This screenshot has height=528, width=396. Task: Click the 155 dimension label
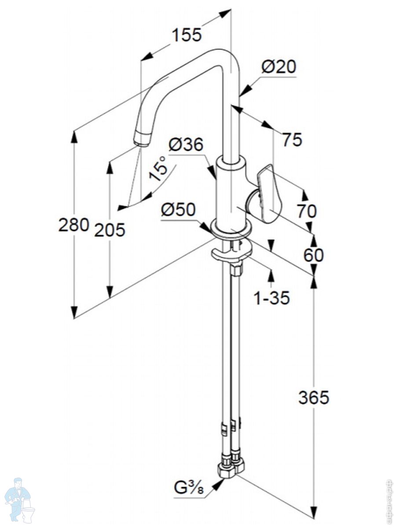(x=186, y=35)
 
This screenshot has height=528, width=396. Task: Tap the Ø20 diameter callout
(x=279, y=67)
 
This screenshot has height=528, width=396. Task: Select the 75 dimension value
(x=292, y=140)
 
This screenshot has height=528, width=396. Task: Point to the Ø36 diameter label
(x=186, y=145)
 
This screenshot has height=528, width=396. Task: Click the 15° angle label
(x=158, y=169)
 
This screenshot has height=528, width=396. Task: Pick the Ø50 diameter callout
(x=178, y=210)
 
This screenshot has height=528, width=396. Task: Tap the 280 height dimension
(x=74, y=225)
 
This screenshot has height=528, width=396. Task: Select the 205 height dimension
(x=110, y=230)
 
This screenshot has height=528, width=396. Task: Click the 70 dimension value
(x=306, y=211)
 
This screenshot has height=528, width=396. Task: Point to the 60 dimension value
(x=313, y=255)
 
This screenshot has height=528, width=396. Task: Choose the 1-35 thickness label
(x=271, y=298)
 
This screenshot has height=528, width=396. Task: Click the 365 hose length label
(x=313, y=398)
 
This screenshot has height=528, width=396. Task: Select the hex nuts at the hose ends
(x=231, y=468)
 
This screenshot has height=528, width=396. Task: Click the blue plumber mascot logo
(x=20, y=499)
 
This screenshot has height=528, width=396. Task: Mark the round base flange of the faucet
(x=231, y=228)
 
